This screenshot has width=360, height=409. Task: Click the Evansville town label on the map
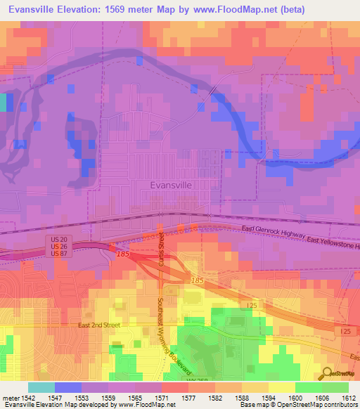pos(171,186)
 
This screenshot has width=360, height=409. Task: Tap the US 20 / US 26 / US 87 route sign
pos(58,247)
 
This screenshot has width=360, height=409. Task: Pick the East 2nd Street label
pos(100,325)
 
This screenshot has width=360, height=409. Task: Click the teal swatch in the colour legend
pos(41,387)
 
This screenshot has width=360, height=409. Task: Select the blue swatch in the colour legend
pos(68,387)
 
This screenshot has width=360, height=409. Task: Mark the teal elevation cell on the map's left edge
pos(3,103)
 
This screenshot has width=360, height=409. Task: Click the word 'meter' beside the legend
pos(12,398)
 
